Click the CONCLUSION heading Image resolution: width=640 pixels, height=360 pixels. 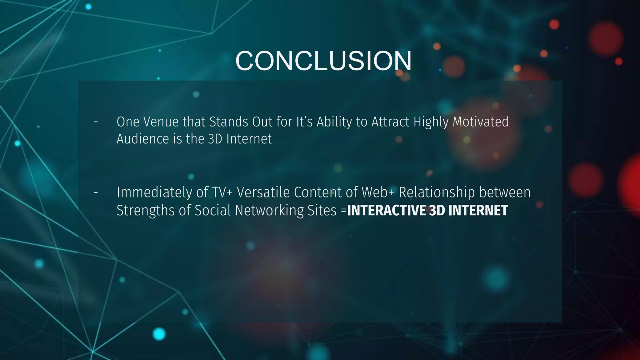pyautogui.click(x=323, y=61)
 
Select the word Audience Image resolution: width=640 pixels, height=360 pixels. pyautogui.click(x=143, y=139)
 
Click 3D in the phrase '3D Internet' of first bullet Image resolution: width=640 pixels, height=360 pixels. pyautogui.click(x=215, y=139)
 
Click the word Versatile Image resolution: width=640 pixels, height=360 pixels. pyautogui.click(x=263, y=192)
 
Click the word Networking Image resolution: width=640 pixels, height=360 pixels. pyautogui.click(x=269, y=211)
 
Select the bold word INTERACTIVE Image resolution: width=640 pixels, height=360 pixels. pyautogui.click(x=386, y=211)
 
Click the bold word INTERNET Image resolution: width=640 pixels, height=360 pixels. pyautogui.click(x=478, y=211)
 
